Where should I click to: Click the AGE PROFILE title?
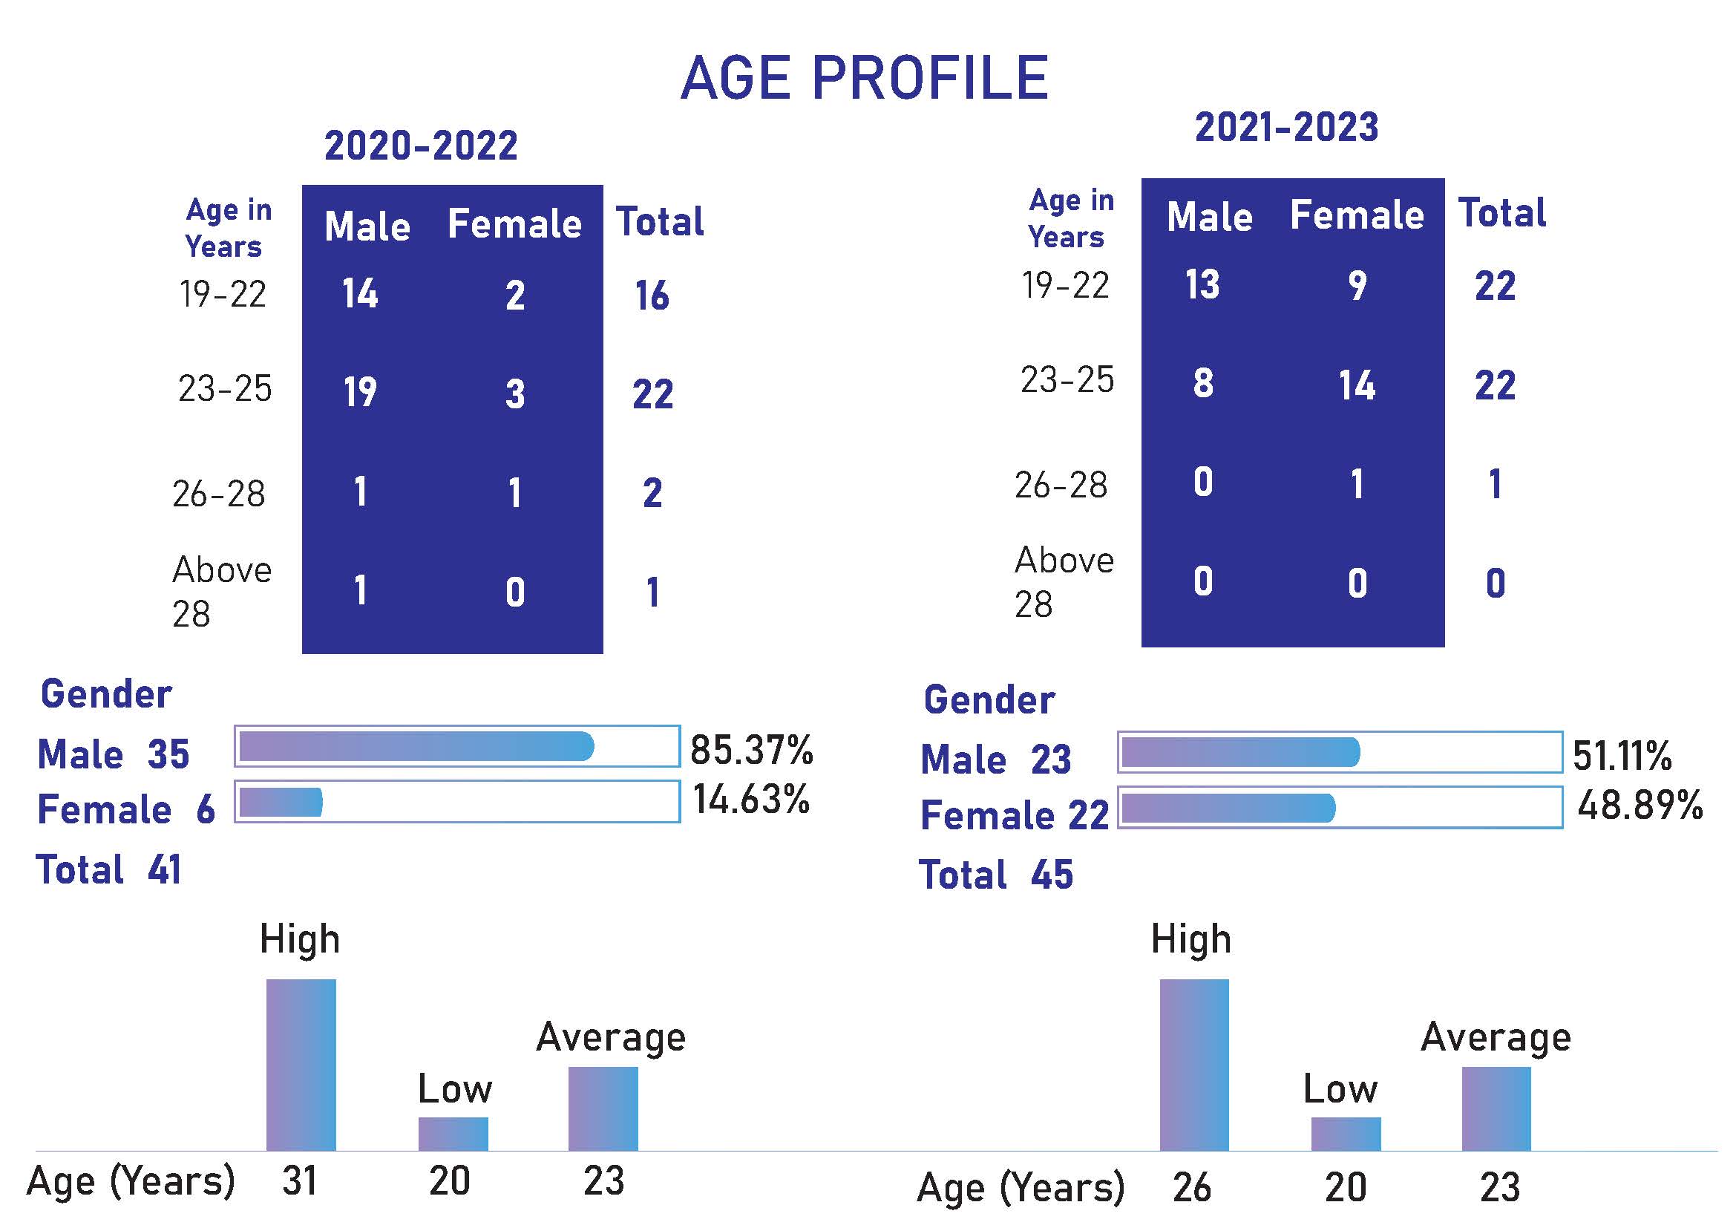click(x=864, y=78)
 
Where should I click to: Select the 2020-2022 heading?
click(x=421, y=146)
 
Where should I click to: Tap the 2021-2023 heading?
click(x=1286, y=127)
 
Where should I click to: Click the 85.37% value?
click(x=752, y=749)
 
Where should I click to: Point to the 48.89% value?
click(x=1640, y=805)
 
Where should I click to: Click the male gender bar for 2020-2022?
click(x=416, y=746)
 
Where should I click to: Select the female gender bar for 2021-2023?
click(x=1228, y=809)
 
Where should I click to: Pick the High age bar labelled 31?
click(x=301, y=1064)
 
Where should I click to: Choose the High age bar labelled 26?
click(x=1194, y=1064)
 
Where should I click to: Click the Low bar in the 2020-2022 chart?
click(x=453, y=1134)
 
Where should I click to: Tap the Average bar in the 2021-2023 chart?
click(x=1496, y=1108)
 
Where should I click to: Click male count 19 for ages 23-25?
click(x=360, y=392)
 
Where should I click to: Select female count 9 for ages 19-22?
click(x=1357, y=285)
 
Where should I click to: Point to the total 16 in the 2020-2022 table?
click(x=652, y=295)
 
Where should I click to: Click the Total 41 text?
click(x=109, y=869)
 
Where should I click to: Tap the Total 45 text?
click(x=996, y=875)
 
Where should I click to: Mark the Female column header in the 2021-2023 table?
click(x=1357, y=215)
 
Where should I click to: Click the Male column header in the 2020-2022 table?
click(x=367, y=226)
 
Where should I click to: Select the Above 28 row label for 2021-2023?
click(x=1063, y=582)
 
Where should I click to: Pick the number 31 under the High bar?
click(x=299, y=1181)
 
